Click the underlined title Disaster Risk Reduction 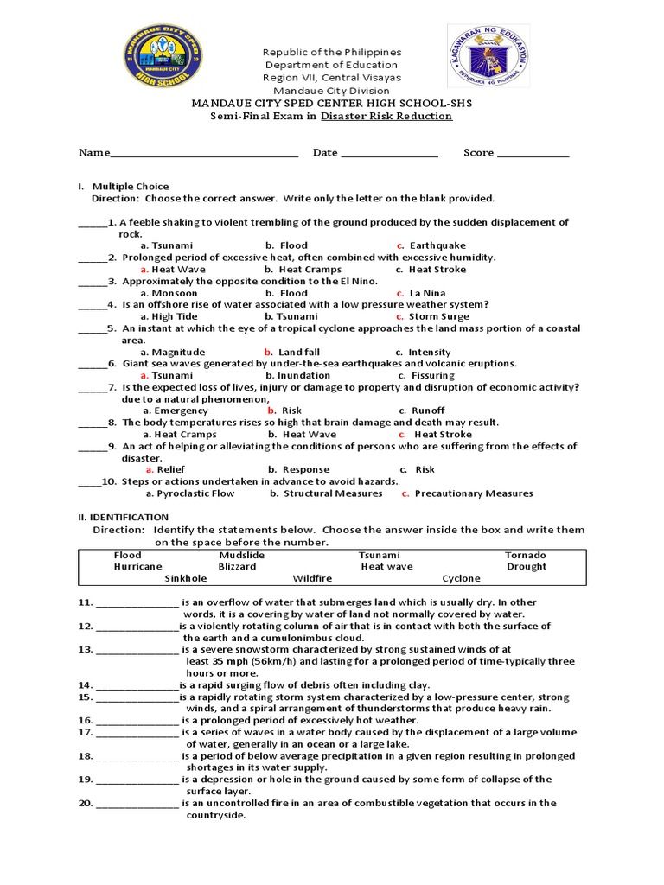(x=386, y=116)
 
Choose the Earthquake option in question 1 (x=437, y=245)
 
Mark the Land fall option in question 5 (x=298, y=352)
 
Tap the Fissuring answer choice (x=432, y=375)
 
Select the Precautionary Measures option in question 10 (x=473, y=493)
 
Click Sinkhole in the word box (x=186, y=578)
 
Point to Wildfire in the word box (x=312, y=578)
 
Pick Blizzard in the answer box (x=237, y=566)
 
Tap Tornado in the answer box (x=525, y=555)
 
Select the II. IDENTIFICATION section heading (x=124, y=517)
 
